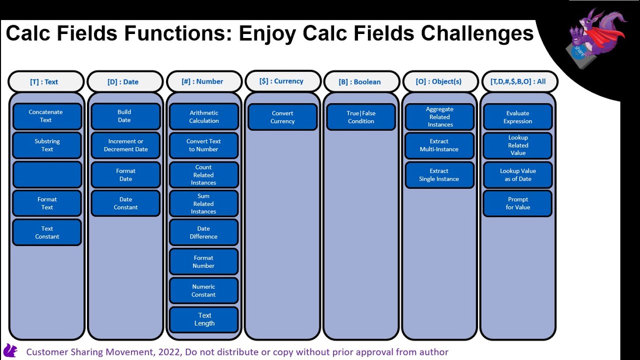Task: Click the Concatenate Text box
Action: coord(46,116)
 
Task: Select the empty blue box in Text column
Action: coord(46,174)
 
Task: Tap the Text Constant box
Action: coord(46,232)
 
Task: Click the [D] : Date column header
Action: coord(125,81)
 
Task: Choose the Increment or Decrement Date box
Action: coord(125,145)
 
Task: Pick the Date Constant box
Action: coord(125,203)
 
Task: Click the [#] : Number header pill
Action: coord(203,81)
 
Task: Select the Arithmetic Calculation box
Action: coord(203,116)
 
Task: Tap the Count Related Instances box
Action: coord(203,175)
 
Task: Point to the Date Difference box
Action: coord(203,232)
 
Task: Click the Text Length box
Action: coord(204,319)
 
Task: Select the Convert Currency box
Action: coord(282,117)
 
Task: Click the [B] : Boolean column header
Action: coord(361,81)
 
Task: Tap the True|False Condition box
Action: coord(361,117)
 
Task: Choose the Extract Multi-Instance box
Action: coord(439,145)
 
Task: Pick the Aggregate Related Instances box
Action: coord(439,117)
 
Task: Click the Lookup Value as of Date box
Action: coord(517,174)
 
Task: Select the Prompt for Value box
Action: coord(517,203)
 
